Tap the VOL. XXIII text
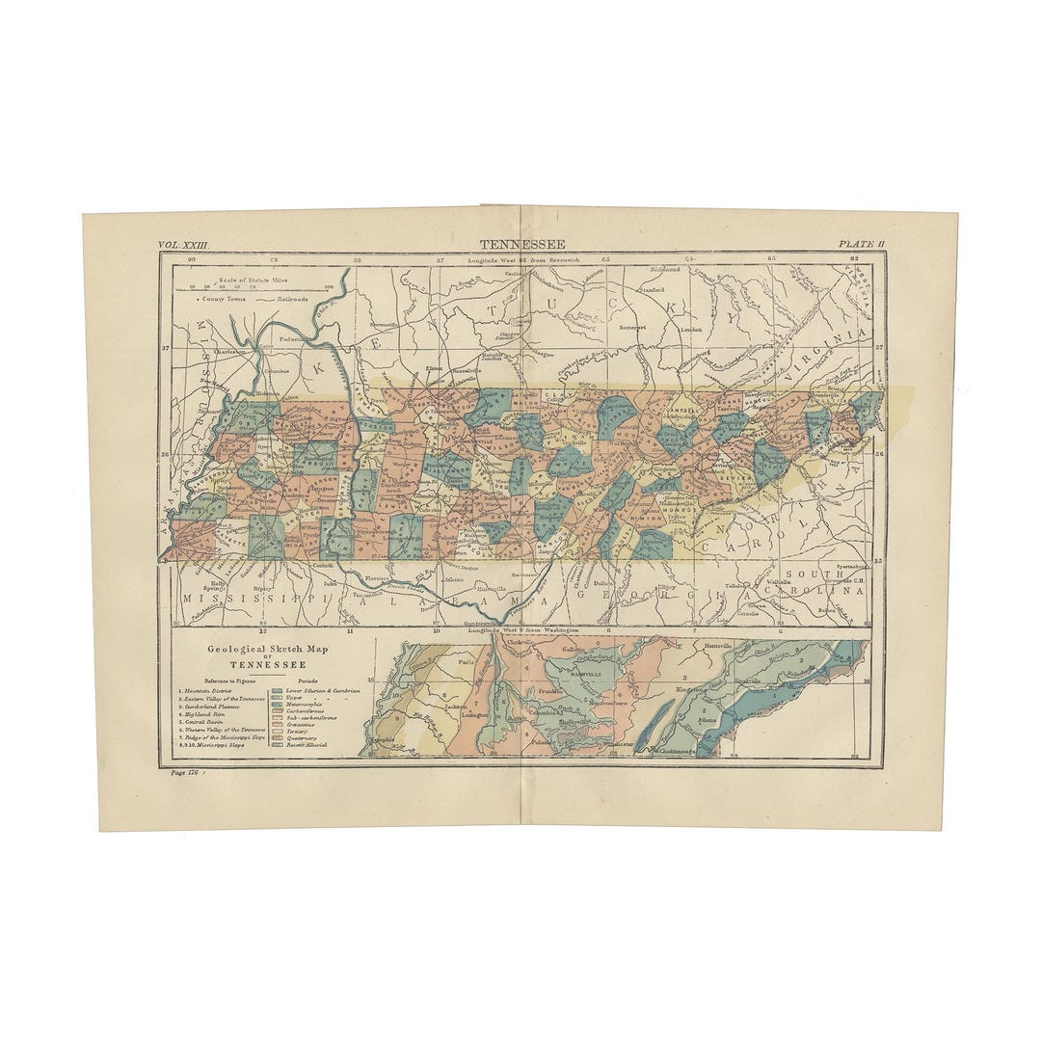coord(183,246)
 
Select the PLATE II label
coord(861,245)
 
